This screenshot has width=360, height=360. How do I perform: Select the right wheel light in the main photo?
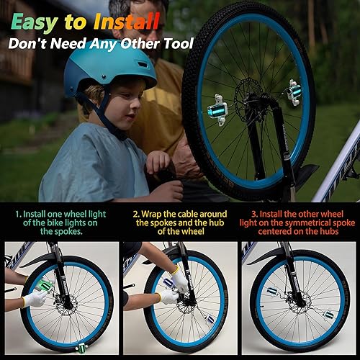coord(293,91)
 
